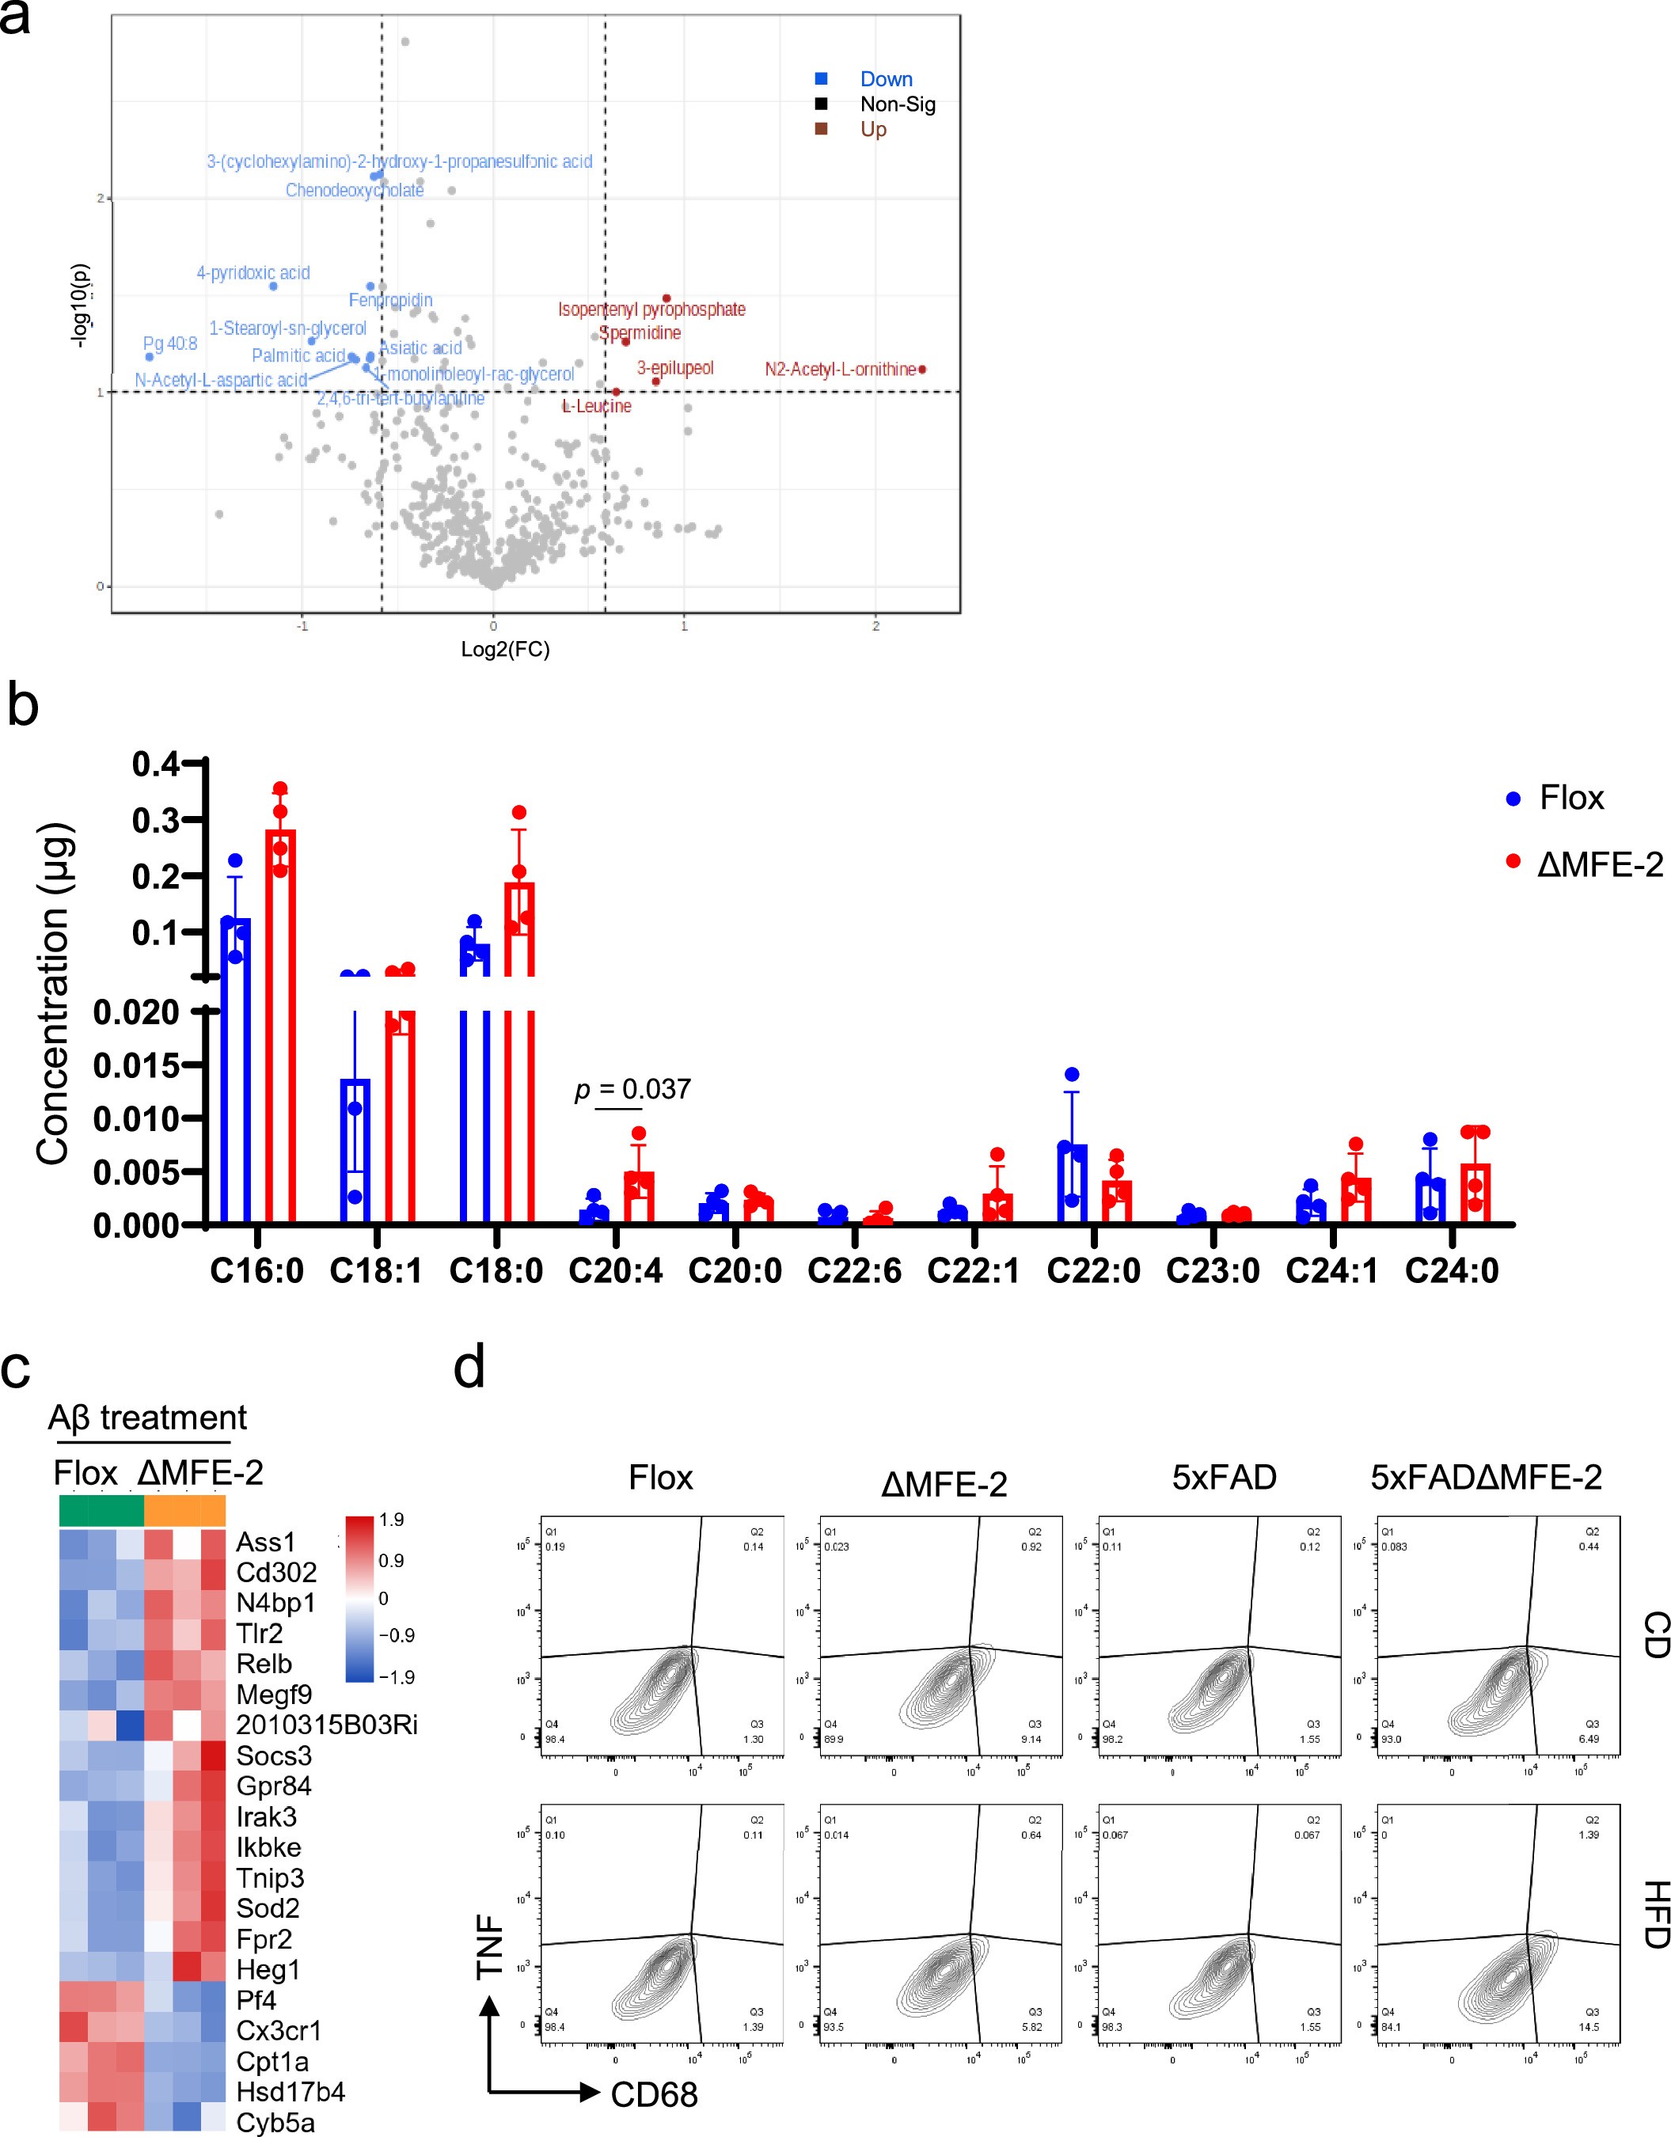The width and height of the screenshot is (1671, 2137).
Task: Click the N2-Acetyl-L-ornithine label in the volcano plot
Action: click(x=839, y=369)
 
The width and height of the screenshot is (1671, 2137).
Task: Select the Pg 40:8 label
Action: click(x=170, y=344)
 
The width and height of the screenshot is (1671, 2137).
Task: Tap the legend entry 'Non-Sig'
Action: click(x=897, y=104)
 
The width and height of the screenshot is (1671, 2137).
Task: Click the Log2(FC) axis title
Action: click(x=505, y=650)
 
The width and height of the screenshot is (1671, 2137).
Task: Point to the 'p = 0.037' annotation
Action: click(x=633, y=1089)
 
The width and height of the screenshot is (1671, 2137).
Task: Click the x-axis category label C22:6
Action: click(x=854, y=1271)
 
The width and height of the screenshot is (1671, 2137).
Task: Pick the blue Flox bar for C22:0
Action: click(x=1073, y=1183)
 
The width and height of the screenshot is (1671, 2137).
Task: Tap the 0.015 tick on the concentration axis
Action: click(x=136, y=1065)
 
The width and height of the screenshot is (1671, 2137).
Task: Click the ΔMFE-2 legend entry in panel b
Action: click(x=1599, y=865)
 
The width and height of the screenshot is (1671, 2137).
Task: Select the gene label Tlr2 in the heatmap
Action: click(x=260, y=1633)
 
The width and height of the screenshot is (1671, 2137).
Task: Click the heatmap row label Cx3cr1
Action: click(x=279, y=2030)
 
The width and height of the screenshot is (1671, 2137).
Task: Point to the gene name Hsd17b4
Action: click(x=291, y=2092)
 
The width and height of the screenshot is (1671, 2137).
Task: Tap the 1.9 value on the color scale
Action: click(x=391, y=1520)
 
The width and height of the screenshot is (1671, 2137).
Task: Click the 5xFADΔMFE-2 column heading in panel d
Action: click(x=1485, y=1478)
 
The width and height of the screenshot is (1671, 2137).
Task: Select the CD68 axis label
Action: click(x=654, y=2095)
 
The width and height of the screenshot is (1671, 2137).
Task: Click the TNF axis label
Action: click(x=490, y=1948)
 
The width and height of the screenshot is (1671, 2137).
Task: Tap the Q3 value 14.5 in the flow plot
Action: click(x=1588, y=2026)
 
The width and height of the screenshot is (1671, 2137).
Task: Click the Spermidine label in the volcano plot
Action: click(x=641, y=332)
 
